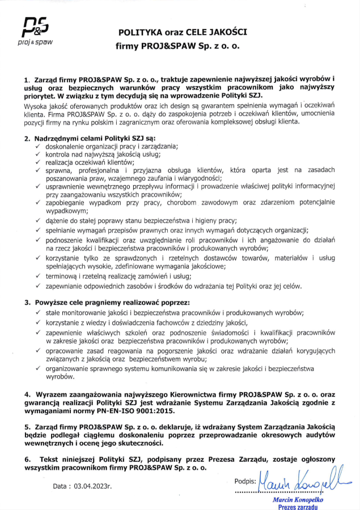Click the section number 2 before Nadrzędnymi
click(x=26, y=138)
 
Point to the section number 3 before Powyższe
click(x=26, y=302)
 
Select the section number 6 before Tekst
click(x=26, y=458)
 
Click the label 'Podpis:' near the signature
click(x=245, y=481)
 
